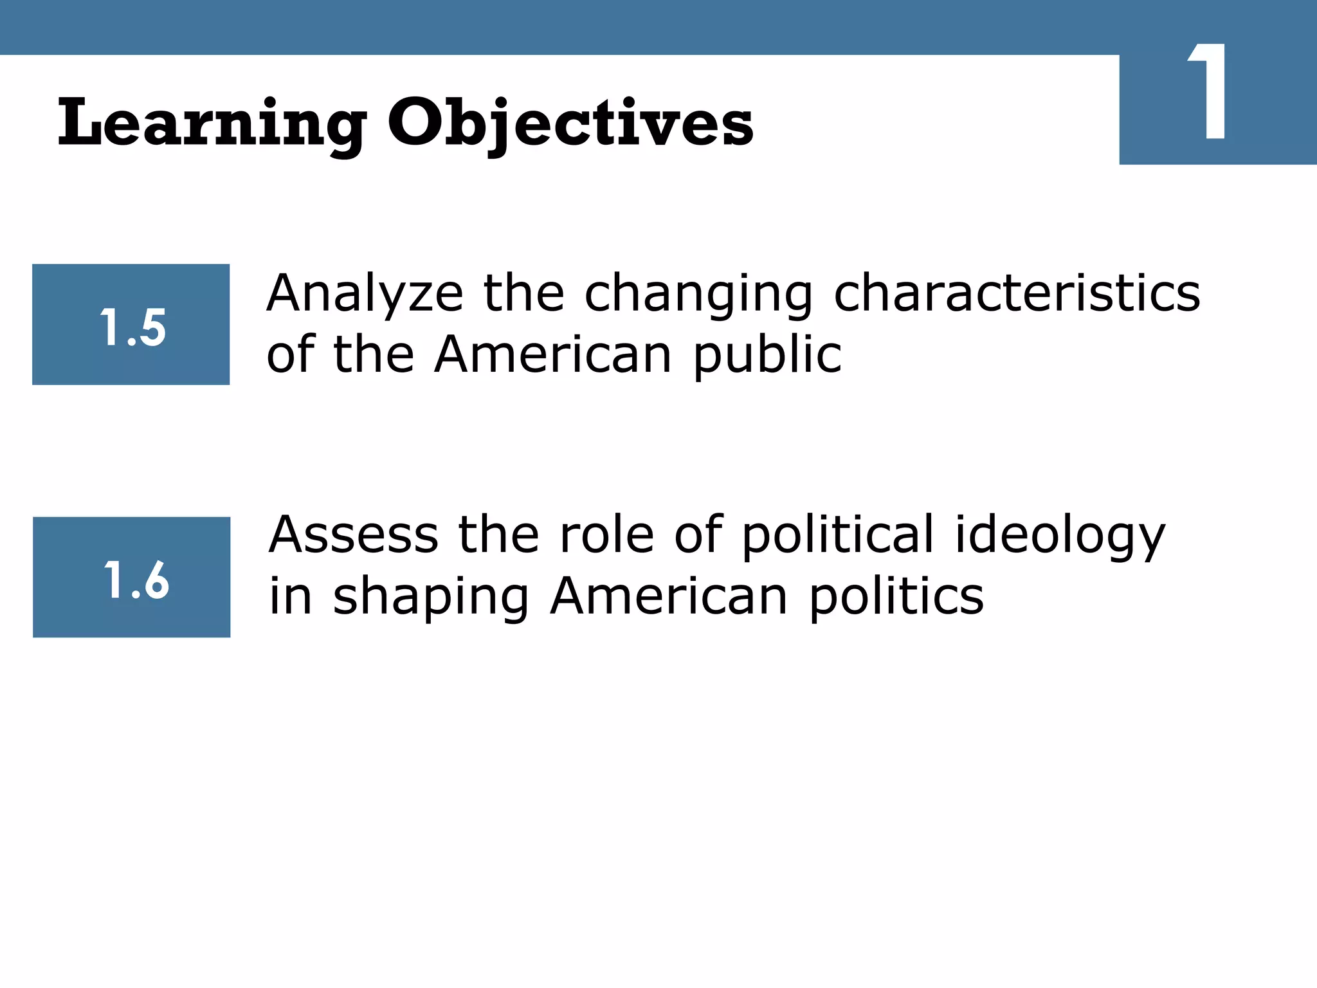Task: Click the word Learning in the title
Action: coord(212,123)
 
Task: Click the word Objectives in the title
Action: coord(570,123)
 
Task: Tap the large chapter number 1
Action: coord(1209,93)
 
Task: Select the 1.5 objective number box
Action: coord(131,325)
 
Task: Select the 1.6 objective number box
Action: coord(132,578)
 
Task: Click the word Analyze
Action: coord(365,294)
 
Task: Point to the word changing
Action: coord(698,294)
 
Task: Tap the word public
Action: coord(767,355)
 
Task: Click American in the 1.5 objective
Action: coord(553,355)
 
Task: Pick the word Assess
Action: coord(354,535)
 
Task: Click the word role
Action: coord(607,535)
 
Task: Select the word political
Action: coord(837,535)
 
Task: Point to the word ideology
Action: coord(1059,535)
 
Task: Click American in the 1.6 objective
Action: coord(669,596)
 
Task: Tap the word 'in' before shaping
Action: coord(291,596)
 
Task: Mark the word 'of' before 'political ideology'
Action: coord(698,535)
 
